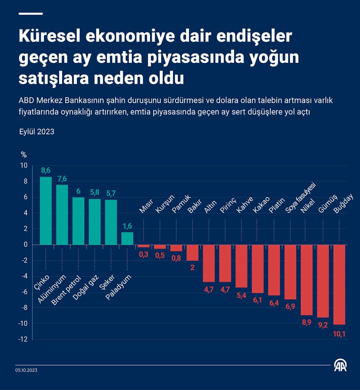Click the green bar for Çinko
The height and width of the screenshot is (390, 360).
[x=46, y=210]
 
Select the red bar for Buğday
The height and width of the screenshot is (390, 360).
[x=339, y=284]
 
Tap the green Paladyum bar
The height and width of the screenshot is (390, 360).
[x=127, y=238]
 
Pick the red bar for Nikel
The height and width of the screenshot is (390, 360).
[x=307, y=280]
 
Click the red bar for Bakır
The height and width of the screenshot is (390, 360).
[x=193, y=252]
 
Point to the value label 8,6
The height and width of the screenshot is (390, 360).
[x=46, y=171]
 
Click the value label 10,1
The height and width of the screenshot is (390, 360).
[x=339, y=334]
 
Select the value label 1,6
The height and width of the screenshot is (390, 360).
[x=127, y=226]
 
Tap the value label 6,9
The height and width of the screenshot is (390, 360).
[x=290, y=307]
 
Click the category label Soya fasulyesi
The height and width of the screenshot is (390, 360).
[x=300, y=198]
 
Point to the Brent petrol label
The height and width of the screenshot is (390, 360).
[x=66, y=290]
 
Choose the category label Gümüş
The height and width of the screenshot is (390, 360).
[x=328, y=203]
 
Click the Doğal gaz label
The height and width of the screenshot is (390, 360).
[x=85, y=287]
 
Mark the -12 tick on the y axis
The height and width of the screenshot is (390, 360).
[x=23, y=339]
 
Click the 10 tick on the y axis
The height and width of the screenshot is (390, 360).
[x=24, y=165]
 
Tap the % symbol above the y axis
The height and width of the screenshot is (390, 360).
[x=24, y=155]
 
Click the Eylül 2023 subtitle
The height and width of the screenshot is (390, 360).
[x=37, y=132]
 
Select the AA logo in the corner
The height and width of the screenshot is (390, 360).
[x=340, y=365]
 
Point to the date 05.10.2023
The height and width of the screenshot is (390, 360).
[x=26, y=370]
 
